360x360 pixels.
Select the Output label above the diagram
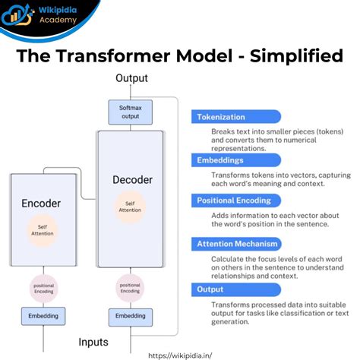click(x=131, y=78)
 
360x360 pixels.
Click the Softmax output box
click(x=130, y=112)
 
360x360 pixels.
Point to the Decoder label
click(x=132, y=180)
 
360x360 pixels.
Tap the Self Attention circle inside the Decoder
click(x=131, y=206)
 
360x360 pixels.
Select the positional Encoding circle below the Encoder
click(x=43, y=289)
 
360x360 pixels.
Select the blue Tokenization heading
click(x=222, y=118)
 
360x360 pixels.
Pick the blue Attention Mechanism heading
click(x=238, y=243)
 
